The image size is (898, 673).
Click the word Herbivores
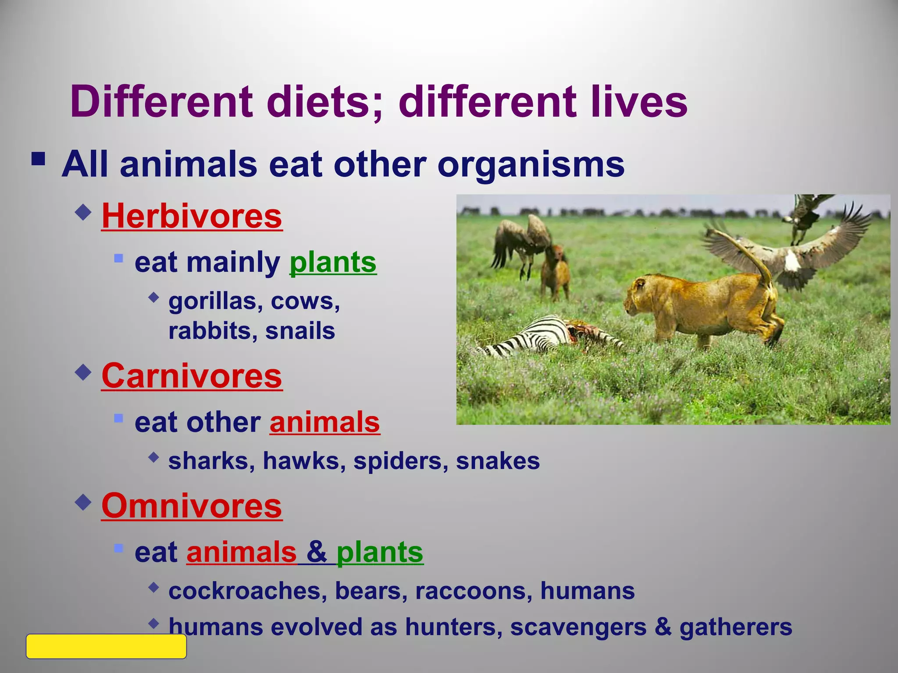(x=192, y=216)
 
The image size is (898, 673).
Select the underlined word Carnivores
(x=192, y=376)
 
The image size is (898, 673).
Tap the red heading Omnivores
(x=192, y=506)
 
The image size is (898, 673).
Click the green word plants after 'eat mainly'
(x=333, y=262)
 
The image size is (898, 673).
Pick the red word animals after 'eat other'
(x=324, y=422)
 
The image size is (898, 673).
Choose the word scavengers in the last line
(x=578, y=627)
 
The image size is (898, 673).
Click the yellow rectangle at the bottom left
(x=106, y=646)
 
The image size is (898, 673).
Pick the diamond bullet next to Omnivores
(x=83, y=502)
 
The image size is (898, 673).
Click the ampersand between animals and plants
(x=316, y=552)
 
